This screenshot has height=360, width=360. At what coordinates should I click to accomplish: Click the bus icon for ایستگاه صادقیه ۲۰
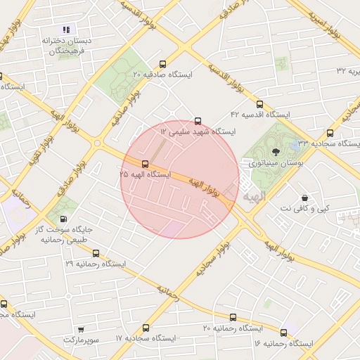click(x=163, y=63)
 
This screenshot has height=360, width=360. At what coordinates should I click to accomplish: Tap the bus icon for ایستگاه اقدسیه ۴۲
click(x=259, y=103)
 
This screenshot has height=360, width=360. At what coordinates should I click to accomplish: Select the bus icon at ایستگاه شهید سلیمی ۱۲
click(x=198, y=121)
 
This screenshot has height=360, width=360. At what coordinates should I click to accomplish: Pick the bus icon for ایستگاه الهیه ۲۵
click(x=146, y=163)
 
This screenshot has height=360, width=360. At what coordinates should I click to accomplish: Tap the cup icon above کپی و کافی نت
click(x=304, y=199)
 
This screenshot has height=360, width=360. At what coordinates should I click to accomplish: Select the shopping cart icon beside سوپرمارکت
click(x=81, y=328)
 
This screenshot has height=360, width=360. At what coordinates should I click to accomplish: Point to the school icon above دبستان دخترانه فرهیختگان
click(x=67, y=30)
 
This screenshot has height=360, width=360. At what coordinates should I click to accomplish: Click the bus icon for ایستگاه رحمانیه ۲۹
click(x=96, y=253)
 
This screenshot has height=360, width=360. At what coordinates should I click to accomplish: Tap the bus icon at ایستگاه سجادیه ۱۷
click(x=146, y=328)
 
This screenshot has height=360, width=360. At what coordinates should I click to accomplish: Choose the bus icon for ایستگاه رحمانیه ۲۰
click(x=233, y=317)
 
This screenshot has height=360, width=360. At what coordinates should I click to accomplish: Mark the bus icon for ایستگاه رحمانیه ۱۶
click(x=284, y=333)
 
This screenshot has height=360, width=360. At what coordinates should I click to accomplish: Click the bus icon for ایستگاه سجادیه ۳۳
click(x=330, y=133)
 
